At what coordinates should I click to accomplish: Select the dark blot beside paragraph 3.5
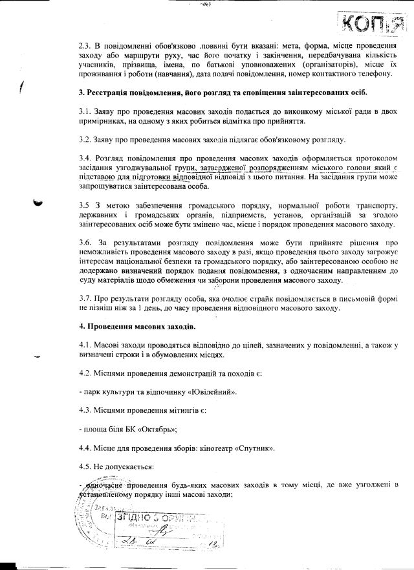[x=39, y=202]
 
